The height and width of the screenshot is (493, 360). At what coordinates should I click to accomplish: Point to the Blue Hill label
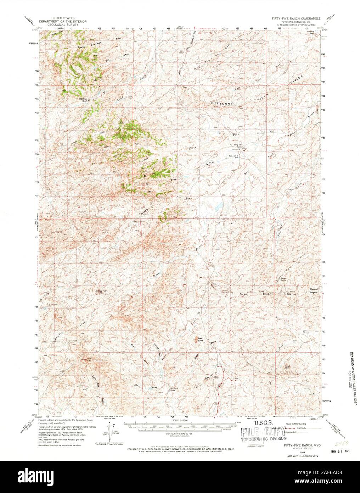(x=102, y=292)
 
